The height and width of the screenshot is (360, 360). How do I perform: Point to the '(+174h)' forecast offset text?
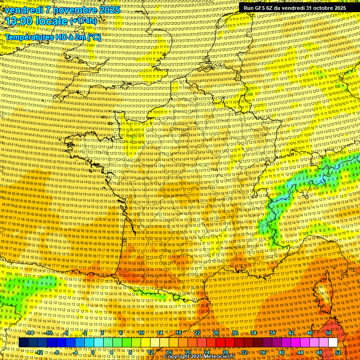coord(84,21)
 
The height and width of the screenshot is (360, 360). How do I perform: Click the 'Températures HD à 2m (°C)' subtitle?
coord(52,37)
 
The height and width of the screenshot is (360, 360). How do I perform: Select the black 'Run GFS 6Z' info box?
coord(294,8)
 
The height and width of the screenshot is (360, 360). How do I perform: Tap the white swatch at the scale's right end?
coord(333,343)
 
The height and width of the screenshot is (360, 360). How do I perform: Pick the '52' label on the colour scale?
coord(338,352)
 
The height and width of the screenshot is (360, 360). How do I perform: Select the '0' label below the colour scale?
coord(93,352)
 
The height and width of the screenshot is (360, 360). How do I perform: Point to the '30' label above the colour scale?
coord(235,333)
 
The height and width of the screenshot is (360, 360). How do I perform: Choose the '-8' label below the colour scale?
coord(57,352)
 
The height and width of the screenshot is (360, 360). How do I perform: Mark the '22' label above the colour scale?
coord(197,333)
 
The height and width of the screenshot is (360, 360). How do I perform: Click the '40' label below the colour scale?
coord(281,352)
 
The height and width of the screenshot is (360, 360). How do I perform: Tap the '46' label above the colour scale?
coord(310,333)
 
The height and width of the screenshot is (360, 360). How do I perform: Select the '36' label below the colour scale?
coord(263,352)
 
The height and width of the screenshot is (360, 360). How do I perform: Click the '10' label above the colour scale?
coord(141,333)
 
